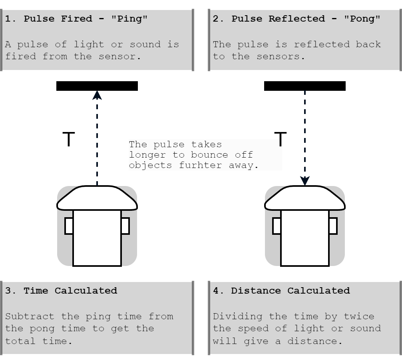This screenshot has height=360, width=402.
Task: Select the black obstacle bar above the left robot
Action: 97,86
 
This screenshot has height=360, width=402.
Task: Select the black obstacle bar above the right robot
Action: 305,86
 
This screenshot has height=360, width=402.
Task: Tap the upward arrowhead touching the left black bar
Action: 97,95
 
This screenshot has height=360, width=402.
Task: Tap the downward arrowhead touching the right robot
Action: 305,181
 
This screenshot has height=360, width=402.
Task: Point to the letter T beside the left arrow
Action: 69,139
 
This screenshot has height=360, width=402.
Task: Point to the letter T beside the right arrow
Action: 281,139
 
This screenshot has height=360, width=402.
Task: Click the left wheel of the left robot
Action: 69,226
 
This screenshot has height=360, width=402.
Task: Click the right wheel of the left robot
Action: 125,226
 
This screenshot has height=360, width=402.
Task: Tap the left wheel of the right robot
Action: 277,226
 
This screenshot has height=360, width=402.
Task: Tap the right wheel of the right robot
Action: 333,226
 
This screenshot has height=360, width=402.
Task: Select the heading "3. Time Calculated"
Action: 61,291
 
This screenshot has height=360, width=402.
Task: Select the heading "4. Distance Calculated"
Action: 281,291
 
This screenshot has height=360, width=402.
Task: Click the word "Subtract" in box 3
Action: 30,316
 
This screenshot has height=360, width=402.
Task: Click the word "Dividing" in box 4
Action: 237,316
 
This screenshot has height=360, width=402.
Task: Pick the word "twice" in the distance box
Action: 359,316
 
